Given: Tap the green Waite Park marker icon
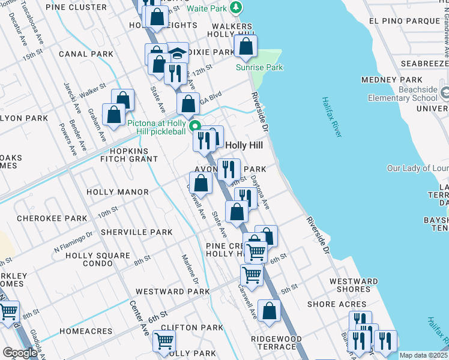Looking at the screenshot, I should coord(237,7).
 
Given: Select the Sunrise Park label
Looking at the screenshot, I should coord(259,68).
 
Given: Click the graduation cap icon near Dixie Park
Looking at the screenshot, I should coord(177,52).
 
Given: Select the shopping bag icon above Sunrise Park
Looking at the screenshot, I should coord(246,46).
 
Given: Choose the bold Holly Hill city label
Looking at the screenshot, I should coord(244,146).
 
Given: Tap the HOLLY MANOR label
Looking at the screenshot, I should coord(118,192).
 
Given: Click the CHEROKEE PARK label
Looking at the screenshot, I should coord(52,218).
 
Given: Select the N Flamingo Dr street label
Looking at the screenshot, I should coord(74,240).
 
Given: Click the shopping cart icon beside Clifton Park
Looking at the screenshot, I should coord(164,340).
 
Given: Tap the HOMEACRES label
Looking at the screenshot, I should coord(86,331).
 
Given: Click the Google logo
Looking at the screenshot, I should coord(20,353).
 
